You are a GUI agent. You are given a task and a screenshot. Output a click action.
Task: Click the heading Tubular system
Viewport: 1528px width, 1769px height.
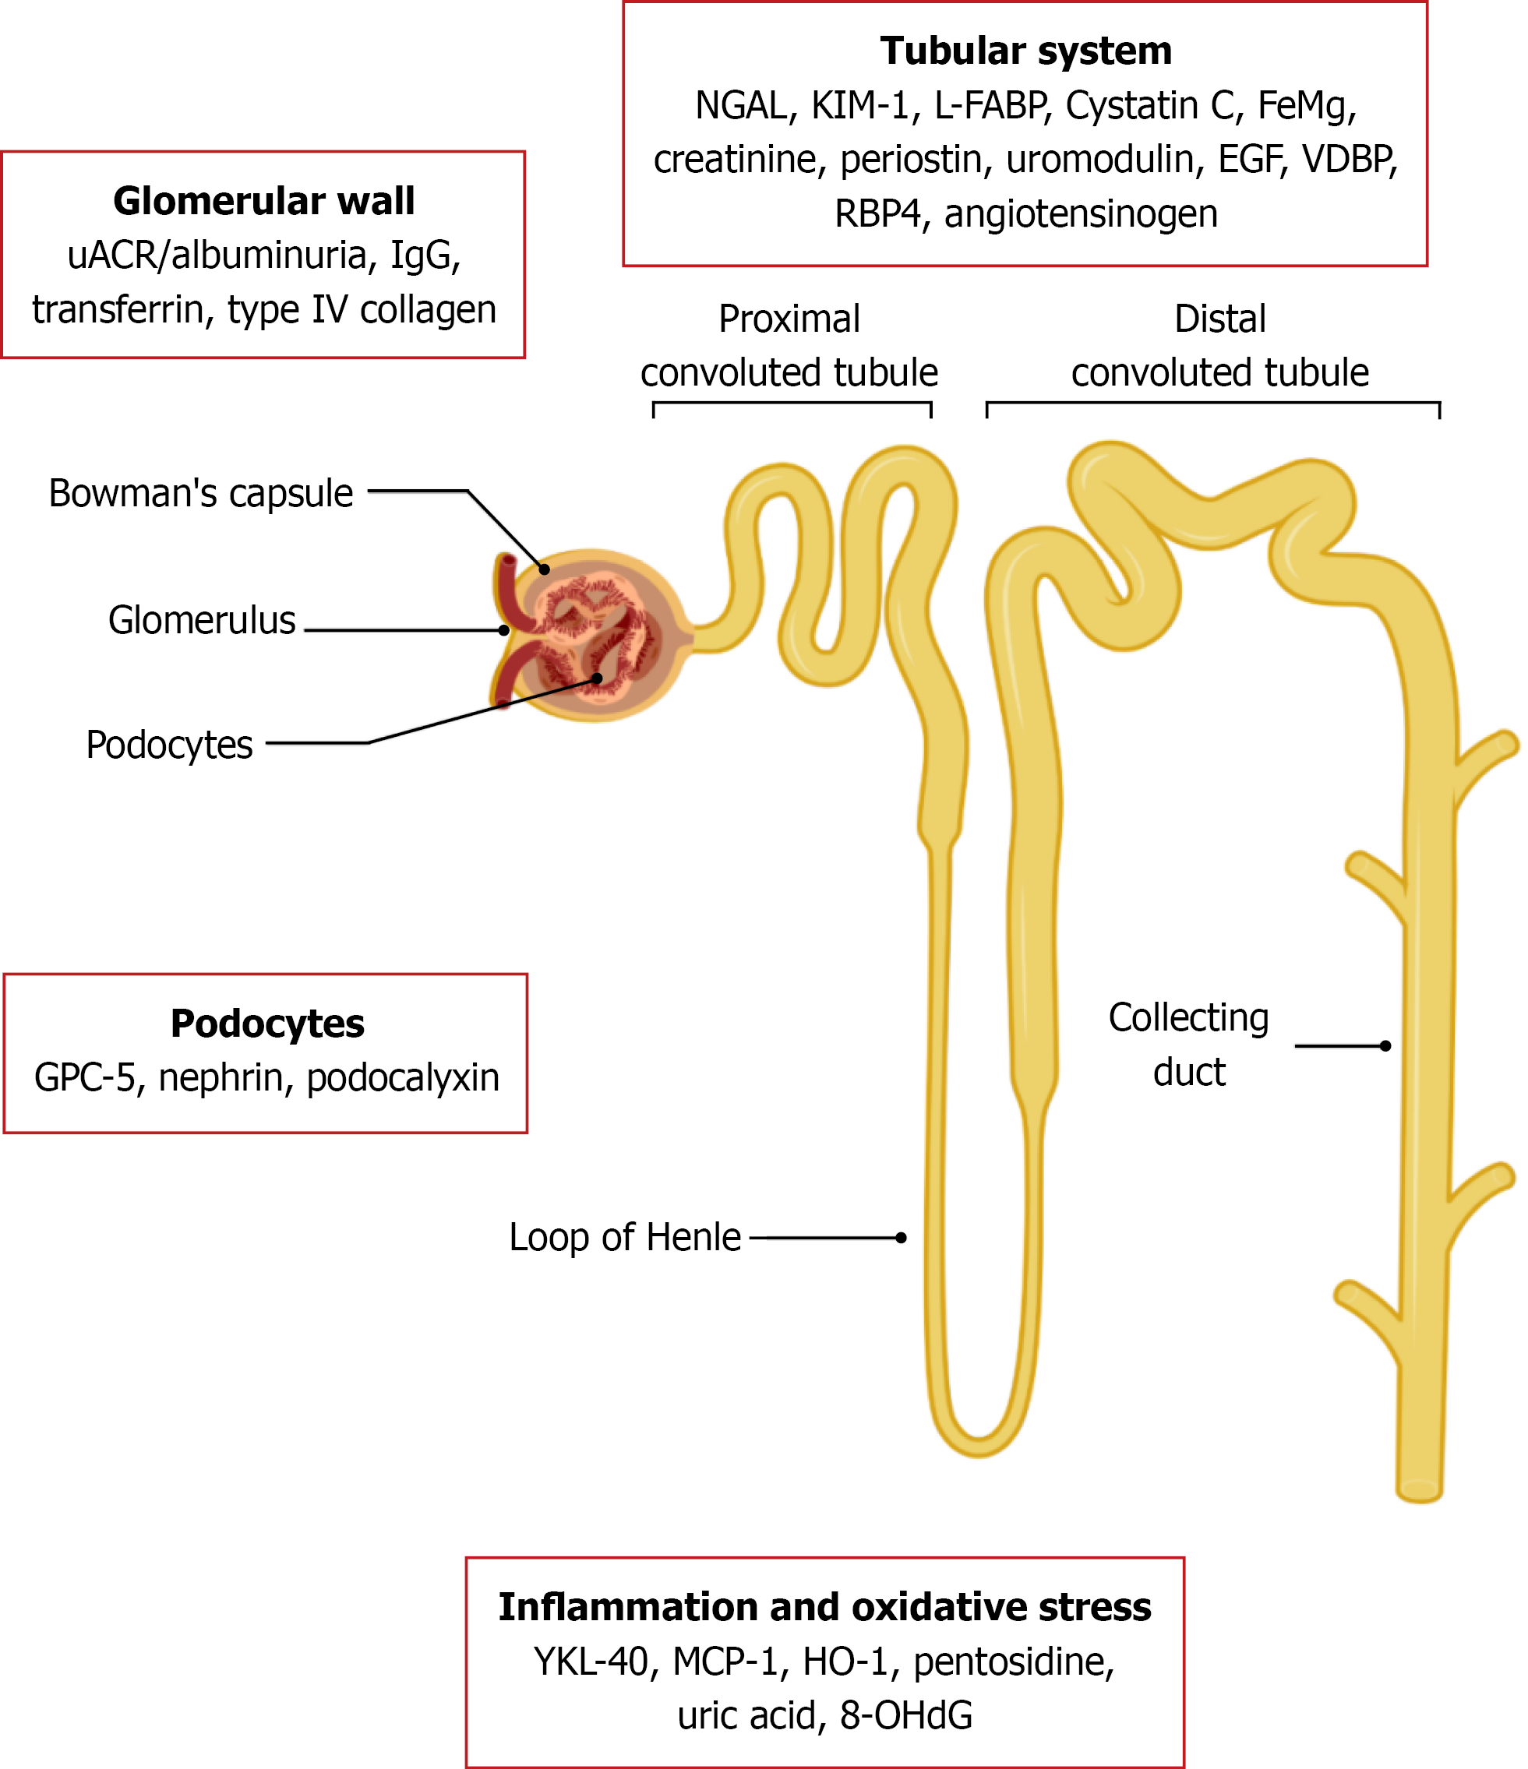click(1025, 51)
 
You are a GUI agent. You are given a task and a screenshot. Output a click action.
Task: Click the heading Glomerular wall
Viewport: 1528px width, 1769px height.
click(263, 202)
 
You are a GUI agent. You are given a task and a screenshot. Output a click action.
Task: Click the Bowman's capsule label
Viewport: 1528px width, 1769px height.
click(201, 494)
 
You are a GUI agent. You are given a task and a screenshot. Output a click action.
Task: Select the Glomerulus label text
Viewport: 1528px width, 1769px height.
click(202, 621)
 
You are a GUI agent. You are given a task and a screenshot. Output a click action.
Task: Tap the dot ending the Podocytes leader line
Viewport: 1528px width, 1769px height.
click(597, 678)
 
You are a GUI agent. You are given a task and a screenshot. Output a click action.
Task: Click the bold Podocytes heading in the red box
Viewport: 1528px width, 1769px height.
click(266, 1024)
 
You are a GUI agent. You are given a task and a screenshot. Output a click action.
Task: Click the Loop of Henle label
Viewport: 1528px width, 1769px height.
click(624, 1238)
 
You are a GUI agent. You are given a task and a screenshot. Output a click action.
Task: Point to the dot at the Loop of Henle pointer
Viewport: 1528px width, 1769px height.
click(901, 1238)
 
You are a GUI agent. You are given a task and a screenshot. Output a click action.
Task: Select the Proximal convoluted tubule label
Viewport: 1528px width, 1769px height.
click(789, 346)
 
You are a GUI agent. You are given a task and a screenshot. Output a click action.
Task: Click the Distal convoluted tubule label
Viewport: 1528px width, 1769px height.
click(1219, 346)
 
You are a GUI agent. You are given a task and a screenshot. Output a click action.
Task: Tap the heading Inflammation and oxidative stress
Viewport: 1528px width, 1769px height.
click(824, 1608)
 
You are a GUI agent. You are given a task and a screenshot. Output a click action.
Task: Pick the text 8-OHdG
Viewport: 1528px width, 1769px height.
click(905, 1716)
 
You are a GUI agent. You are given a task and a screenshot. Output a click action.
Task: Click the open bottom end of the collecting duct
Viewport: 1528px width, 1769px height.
click(1419, 1490)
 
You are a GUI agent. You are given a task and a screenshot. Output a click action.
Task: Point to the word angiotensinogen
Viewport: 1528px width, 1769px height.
click(1081, 213)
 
